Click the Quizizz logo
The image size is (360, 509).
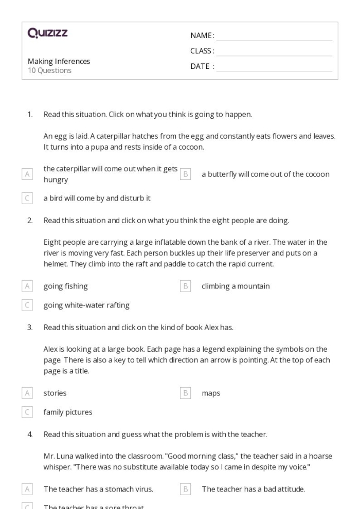click(48, 34)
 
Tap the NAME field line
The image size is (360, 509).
click(274, 36)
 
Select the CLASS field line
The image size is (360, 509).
click(274, 51)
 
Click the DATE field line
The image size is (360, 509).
click(274, 67)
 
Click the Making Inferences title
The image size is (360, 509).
click(59, 61)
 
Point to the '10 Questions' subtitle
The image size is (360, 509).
click(49, 70)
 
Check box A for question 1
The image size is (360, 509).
click(27, 174)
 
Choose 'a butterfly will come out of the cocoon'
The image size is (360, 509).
click(265, 174)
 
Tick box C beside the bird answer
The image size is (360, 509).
click(27, 198)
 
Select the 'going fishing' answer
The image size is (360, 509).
click(65, 286)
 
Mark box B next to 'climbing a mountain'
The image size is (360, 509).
click(185, 286)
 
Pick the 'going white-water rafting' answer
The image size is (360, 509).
click(86, 305)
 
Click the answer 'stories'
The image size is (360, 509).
click(55, 393)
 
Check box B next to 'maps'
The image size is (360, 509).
click(185, 393)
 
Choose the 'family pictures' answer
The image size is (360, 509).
click(68, 412)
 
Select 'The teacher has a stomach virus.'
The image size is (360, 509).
click(98, 489)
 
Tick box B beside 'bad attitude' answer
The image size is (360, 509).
click(185, 489)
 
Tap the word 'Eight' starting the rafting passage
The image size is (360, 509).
click(52, 242)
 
